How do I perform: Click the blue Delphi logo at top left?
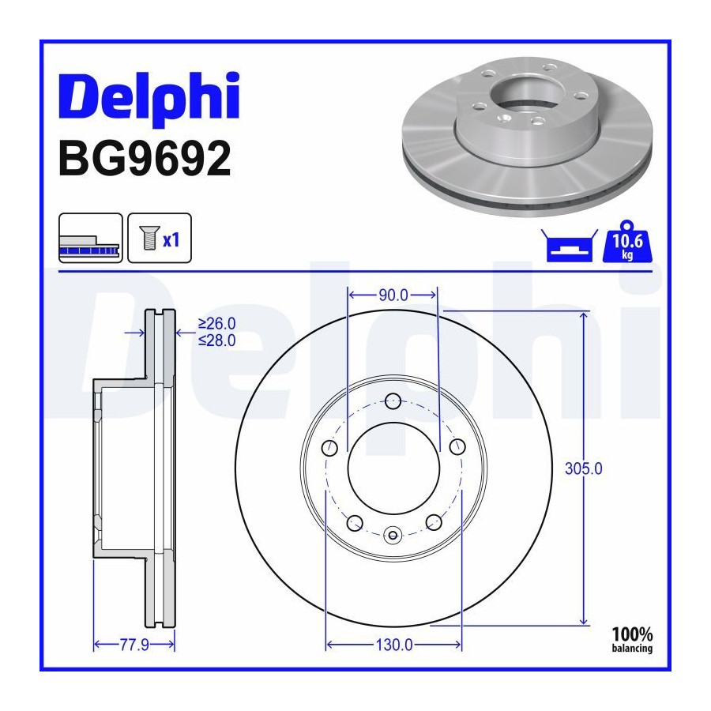pyautogui.click(x=149, y=97)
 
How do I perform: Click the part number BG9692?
pyautogui.click(x=145, y=158)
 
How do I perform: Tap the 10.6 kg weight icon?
pyautogui.click(x=627, y=242)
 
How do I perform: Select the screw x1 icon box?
pyautogui.click(x=160, y=238)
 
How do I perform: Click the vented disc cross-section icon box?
pyautogui.click(x=91, y=238)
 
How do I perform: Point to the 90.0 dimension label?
pyautogui.click(x=393, y=295)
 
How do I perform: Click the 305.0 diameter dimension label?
pyautogui.click(x=584, y=468)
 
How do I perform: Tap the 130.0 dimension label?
pyautogui.click(x=394, y=645)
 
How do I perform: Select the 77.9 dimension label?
pyautogui.click(x=134, y=645)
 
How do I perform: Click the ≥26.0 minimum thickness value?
pyautogui.click(x=216, y=324)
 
